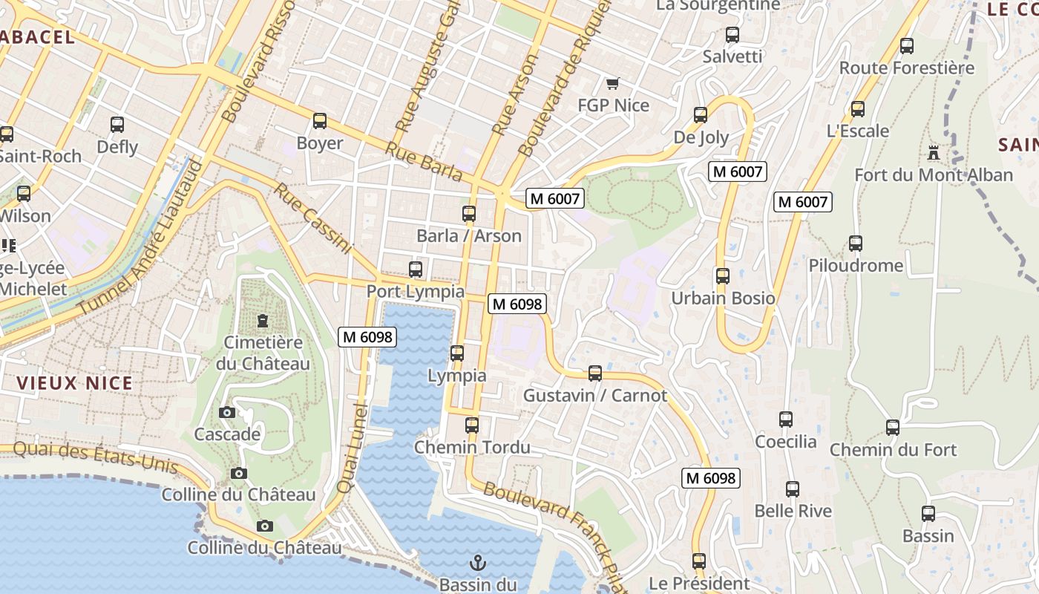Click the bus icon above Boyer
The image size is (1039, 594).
[x=320, y=120]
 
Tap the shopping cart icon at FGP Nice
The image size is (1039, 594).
[x=612, y=83]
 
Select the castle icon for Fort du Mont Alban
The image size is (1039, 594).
[x=934, y=153]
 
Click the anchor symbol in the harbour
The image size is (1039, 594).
[x=478, y=562]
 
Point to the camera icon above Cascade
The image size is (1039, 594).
[x=227, y=412]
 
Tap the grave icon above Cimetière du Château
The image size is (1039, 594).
[x=262, y=321]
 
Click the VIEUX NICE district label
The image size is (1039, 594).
[x=74, y=383]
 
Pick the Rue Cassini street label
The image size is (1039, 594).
[x=312, y=218]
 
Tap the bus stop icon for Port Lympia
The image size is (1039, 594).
[x=416, y=270]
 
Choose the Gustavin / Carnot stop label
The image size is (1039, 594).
[x=595, y=395]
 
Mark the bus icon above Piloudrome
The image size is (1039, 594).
[x=856, y=244]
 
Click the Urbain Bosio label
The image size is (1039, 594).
[x=723, y=298]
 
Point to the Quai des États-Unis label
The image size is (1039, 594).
[x=96, y=457]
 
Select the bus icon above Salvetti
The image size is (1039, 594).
[x=732, y=35]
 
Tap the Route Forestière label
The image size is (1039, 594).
[x=906, y=68]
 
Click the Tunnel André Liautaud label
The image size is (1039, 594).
[x=142, y=236]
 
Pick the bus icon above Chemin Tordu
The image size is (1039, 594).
[x=472, y=425]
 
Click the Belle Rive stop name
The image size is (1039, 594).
[x=793, y=511]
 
